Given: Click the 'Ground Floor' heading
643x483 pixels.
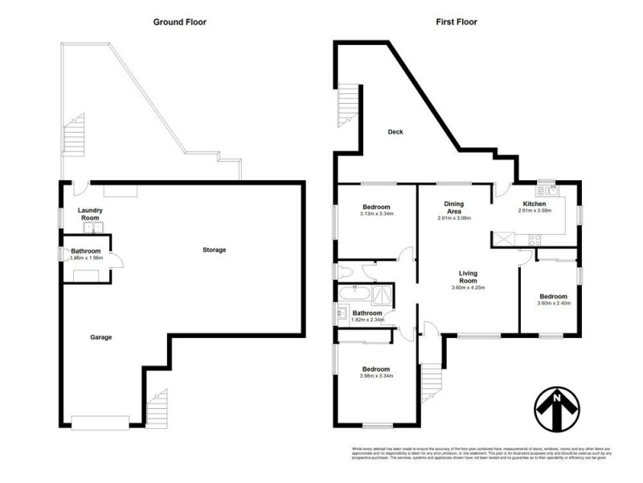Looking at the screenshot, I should [x=180, y=22].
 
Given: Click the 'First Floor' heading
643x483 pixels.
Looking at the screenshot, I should [x=457, y=22].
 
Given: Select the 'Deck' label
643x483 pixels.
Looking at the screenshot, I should [x=395, y=132].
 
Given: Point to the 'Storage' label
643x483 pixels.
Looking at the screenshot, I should [x=214, y=250].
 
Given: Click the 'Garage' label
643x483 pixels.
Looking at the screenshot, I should [x=100, y=336].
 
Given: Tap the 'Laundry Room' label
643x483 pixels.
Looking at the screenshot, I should [x=88, y=214].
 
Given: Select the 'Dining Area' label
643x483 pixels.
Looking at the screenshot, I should [x=453, y=209].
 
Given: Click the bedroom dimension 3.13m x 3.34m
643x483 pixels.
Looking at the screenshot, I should [x=376, y=214].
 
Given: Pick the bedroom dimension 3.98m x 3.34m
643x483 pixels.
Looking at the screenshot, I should [x=376, y=375].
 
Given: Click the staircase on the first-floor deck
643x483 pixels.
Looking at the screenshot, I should [x=347, y=105].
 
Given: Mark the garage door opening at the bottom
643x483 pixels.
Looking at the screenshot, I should [x=100, y=420].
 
